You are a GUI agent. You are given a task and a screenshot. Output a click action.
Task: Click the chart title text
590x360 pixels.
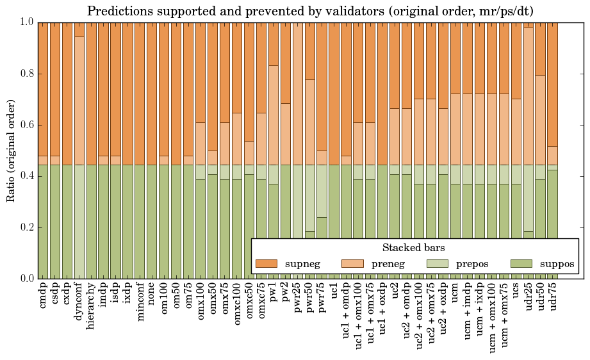pos(309,11)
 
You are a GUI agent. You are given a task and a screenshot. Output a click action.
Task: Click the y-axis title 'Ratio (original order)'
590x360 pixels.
pos(11,150)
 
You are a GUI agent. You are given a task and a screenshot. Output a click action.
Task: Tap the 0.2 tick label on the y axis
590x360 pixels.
pos(24,227)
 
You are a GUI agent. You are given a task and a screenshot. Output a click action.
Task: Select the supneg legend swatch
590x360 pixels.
pos(266,263)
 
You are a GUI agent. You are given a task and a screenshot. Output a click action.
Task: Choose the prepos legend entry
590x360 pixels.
pos(455,263)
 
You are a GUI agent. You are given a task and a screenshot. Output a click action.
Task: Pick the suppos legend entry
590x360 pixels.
pos(542,263)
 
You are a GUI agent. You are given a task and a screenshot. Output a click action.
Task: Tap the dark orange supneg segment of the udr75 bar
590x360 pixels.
pos(553,84)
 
